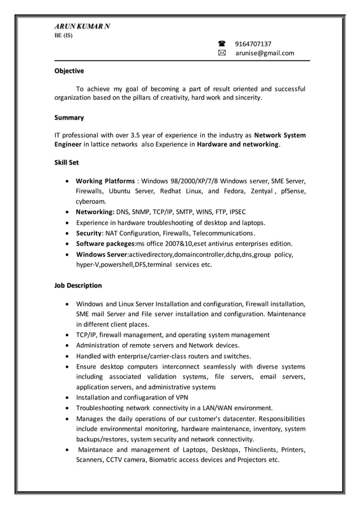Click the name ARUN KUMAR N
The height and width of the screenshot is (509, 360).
[x=82, y=27]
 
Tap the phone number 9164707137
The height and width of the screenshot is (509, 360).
[x=253, y=43]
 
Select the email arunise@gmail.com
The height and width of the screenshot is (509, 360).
[x=265, y=53]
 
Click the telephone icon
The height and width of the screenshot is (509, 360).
[x=221, y=43]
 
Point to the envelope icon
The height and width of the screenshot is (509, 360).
[x=221, y=53]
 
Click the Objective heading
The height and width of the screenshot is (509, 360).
[x=69, y=71]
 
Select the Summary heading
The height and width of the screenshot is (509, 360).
[x=69, y=118]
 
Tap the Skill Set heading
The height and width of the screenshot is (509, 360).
[x=67, y=162]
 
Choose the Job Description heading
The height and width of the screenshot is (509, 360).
[x=78, y=286]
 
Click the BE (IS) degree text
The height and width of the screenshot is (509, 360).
[x=63, y=36]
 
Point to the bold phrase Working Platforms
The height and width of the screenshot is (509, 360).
[x=105, y=181]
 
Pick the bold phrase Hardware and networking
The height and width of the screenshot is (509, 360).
[x=238, y=145]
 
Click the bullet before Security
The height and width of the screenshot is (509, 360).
[x=68, y=234]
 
